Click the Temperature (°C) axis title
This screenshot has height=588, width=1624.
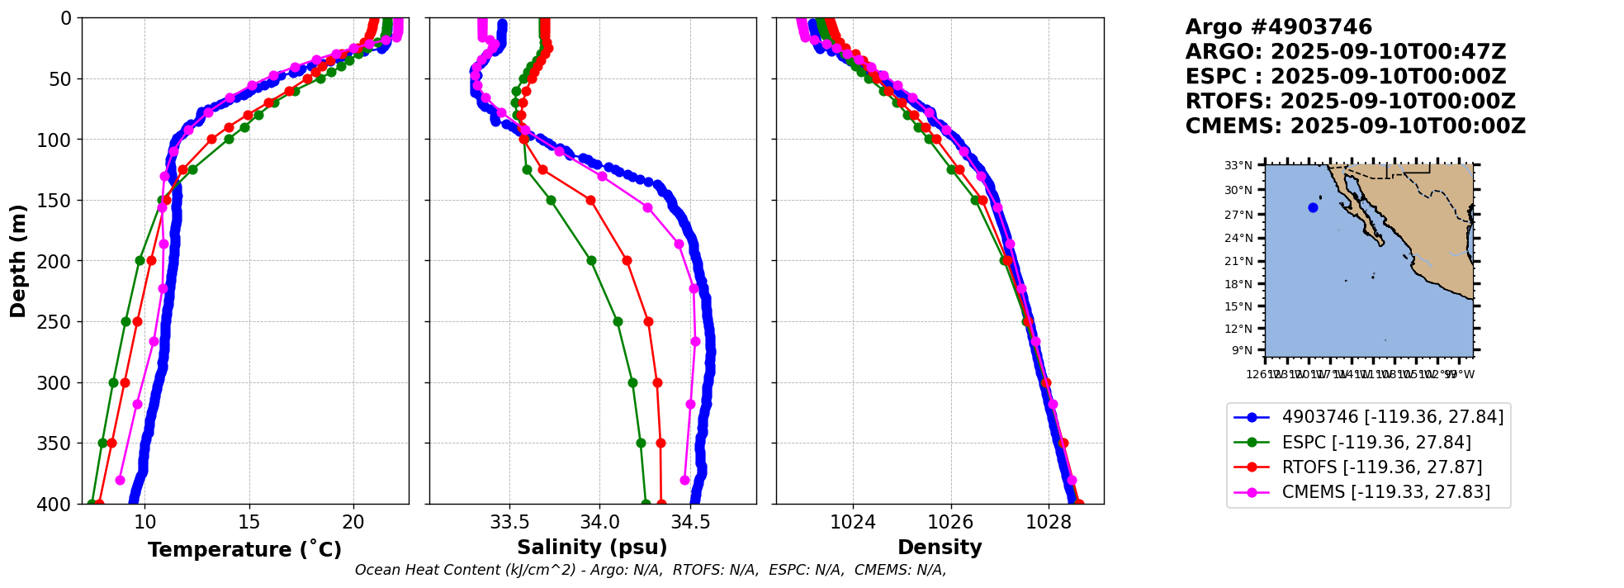[244, 550]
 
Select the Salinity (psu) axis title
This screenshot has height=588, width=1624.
[592, 548]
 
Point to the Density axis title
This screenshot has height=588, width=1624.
[940, 548]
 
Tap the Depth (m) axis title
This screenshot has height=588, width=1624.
[18, 261]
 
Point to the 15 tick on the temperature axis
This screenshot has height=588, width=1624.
[249, 522]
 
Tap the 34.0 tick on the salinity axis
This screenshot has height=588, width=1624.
[600, 522]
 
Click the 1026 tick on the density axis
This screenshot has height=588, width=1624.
[951, 522]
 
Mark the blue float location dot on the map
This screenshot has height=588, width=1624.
[1313, 207]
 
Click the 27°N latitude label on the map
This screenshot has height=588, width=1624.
[1238, 215]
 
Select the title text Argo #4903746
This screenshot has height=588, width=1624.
[1278, 27]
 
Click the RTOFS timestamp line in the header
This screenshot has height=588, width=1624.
[1350, 102]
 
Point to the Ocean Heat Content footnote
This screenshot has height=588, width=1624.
[651, 570]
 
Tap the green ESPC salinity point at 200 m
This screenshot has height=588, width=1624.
[591, 260]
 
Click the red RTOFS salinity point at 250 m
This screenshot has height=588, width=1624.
[648, 321]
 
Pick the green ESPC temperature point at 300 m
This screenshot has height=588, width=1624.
[114, 382]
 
